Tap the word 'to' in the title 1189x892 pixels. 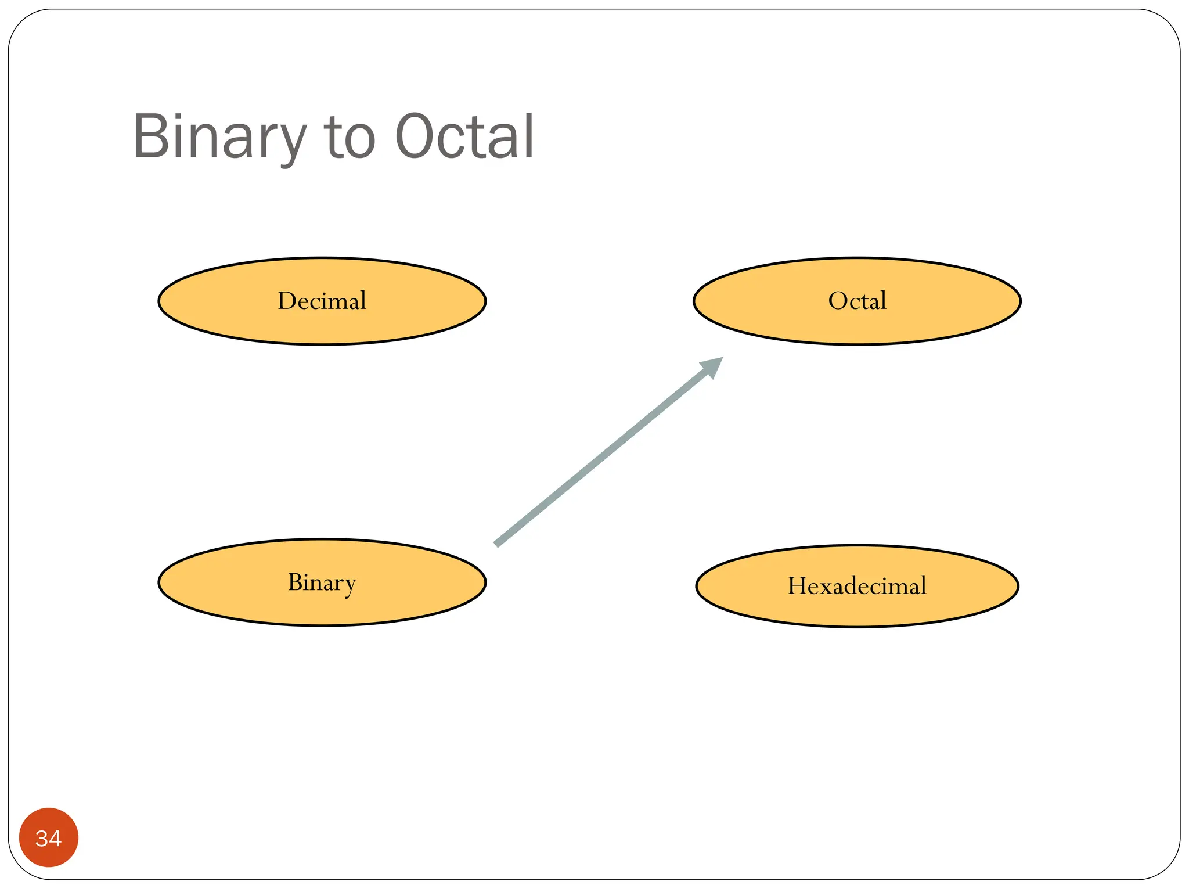click(x=351, y=138)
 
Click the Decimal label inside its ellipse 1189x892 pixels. click(x=322, y=301)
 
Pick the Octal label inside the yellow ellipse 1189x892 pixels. click(x=857, y=301)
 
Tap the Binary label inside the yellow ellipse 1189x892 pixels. click(x=322, y=582)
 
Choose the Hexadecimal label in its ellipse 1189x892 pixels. click(x=857, y=585)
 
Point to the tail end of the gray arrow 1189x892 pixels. click(x=497, y=544)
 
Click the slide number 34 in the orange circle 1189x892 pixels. click(x=48, y=838)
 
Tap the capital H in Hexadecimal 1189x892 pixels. click(x=797, y=585)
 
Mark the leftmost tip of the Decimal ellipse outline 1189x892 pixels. click(x=159, y=301)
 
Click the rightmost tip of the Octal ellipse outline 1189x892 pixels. click(x=1020, y=301)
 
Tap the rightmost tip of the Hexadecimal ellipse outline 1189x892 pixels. click(x=1018, y=586)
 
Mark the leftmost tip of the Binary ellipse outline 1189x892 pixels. click(x=159, y=582)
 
